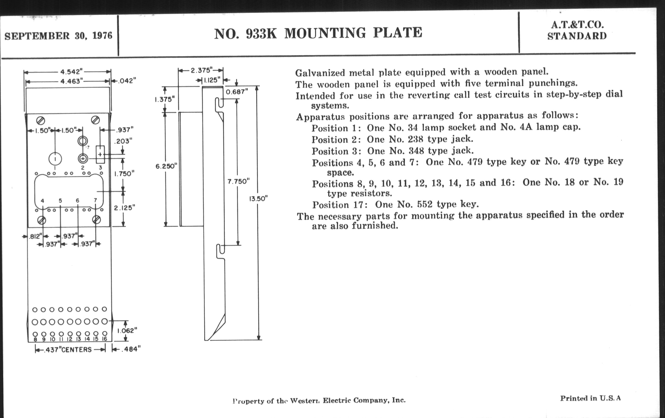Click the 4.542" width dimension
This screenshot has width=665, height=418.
click(x=72, y=72)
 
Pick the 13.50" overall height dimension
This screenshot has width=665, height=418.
click(x=258, y=199)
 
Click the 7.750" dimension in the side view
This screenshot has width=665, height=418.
click(x=238, y=181)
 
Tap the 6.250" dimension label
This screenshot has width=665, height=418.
click(x=166, y=166)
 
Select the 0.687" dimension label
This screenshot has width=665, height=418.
click(x=237, y=92)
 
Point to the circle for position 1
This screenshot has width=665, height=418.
click(x=55, y=159)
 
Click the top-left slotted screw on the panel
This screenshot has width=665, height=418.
click(x=40, y=120)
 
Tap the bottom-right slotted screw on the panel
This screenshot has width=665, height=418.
click(x=96, y=220)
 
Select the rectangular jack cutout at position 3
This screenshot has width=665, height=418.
click(x=100, y=155)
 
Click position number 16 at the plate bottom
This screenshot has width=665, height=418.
click(x=104, y=339)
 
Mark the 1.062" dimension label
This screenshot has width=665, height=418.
click(x=127, y=330)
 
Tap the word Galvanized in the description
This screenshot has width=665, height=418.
click(x=320, y=73)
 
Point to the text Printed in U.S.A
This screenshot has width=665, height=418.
click(x=590, y=398)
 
